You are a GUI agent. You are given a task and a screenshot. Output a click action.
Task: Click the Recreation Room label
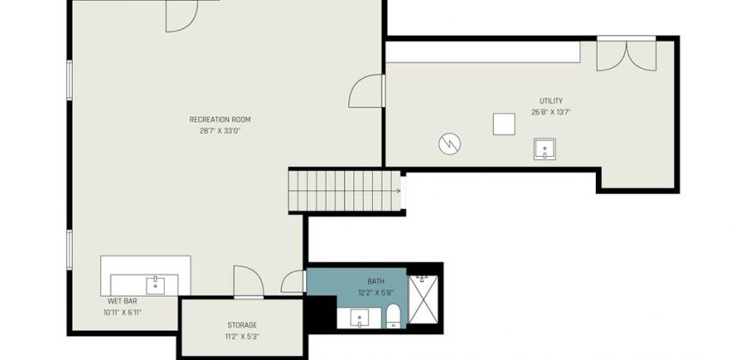click(220, 119)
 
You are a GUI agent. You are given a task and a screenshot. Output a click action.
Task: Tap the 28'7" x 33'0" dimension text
click(220, 131)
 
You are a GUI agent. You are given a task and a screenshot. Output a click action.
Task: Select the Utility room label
click(551, 101)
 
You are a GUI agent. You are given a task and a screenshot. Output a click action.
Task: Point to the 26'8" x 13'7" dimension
click(551, 112)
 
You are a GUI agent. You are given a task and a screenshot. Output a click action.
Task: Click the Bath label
click(376, 281)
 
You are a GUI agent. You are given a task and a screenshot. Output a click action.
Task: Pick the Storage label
click(242, 325)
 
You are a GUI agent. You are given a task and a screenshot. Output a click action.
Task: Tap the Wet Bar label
click(123, 301)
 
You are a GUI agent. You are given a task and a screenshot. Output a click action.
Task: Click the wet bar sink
click(155, 285)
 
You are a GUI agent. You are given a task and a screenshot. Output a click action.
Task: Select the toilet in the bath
click(393, 316)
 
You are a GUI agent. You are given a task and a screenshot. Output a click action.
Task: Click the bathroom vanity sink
click(359, 318)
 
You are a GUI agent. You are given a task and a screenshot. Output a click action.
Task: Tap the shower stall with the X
click(423, 300)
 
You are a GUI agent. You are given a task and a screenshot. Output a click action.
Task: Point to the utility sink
click(544, 149)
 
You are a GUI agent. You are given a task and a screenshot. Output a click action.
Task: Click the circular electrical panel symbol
click(449, 144)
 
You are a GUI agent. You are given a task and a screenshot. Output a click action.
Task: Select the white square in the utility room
click(504, 124)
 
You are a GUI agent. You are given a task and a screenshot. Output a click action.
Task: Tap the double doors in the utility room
click(627, 55)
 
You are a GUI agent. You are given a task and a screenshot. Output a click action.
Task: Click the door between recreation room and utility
click(366, 91)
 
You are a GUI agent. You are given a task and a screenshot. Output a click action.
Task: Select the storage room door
click(249, 282)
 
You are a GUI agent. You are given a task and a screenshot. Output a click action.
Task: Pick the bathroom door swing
click(292, 281)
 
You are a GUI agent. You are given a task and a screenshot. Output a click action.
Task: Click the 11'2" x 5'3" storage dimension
click(242, 337)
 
